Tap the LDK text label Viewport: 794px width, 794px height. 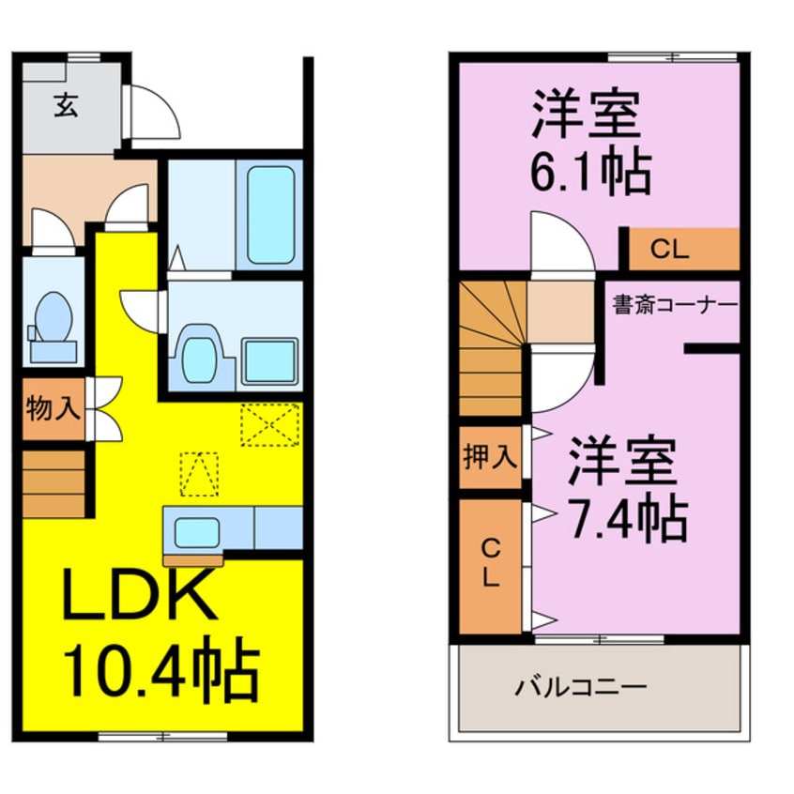click(140, 593)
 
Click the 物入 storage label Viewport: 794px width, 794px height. click(53, 408)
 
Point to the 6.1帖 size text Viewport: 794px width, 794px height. click(590, 170)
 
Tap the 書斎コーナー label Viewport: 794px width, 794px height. click(674, 305)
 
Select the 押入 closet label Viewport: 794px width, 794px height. click(490, 457)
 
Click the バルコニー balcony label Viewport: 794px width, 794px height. click(581, 687)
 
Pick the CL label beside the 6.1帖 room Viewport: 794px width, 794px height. click(669, 249)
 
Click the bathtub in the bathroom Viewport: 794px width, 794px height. click(270, 215)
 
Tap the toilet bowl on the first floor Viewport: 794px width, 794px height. click(53, 317)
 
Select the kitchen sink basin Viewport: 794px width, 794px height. click(197, 533)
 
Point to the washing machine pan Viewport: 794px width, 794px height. click(268, 361)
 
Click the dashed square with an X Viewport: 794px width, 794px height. click(270, 424)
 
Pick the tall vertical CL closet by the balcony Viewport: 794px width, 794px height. click(490, 566)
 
